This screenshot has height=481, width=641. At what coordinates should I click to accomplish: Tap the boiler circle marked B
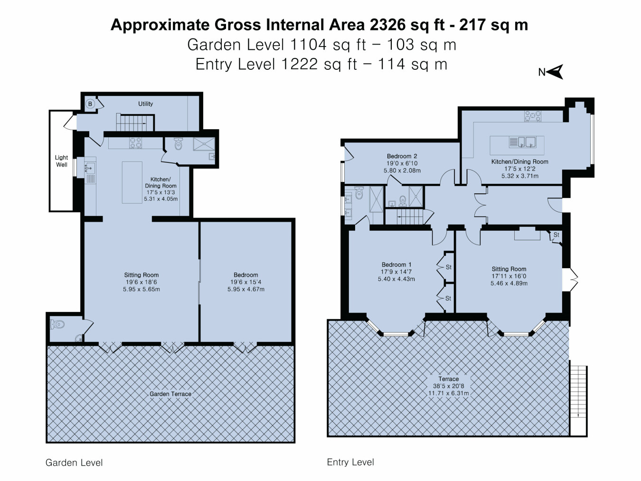pyautogui.click(x=90, y=104)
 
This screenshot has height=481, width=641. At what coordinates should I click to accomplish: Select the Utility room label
pyautogui.click(x=145, y=104)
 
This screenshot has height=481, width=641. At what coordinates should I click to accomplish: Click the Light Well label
pyautogui.click(x=62, y=161)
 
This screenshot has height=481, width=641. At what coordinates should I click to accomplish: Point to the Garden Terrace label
pyautogui.click(x=170, y=394)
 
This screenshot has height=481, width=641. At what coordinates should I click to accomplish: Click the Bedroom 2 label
pyautogui.click(x=402, y=156)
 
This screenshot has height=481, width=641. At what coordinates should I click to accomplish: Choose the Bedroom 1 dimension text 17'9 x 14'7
pyautogui.click(x=396, y=272)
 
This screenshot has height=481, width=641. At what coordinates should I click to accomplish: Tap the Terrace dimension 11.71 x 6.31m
pyautogui.click(x=449, y=393)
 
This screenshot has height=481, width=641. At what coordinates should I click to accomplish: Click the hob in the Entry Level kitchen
pyautogui.click(x=532, y=116)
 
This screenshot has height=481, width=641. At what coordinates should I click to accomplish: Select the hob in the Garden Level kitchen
pyautogui.click(x=136, y=143)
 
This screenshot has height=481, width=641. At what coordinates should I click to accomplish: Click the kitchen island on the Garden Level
pyautogui.click(x=132, y=182)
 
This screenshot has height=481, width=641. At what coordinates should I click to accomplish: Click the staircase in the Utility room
pyautogui.click(x=135, y=123)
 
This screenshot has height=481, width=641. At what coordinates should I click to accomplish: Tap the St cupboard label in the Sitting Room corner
pyautogui.click(x=556, y=235)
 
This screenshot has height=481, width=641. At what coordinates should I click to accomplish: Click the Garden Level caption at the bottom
pyautogui.click(x=74, y=462)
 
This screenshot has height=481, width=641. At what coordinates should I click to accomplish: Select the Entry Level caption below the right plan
pyautogui.click(x=350, y=462)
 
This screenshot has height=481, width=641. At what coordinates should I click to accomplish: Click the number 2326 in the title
pyautogui.click(x=388, y=25)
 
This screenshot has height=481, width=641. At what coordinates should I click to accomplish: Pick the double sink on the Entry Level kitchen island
pyautogui.click(x=523, y=142)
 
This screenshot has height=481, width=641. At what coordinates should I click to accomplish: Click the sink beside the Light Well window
pyautogui.click(x=90, y=169)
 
